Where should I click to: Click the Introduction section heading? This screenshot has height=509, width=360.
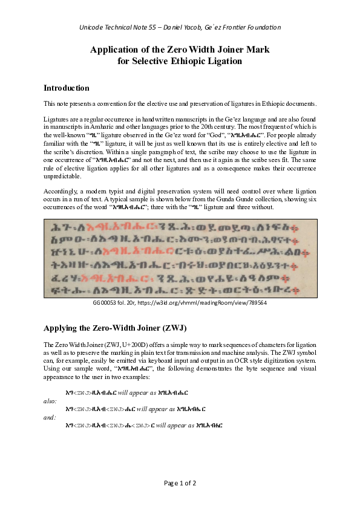pyautogui.click(x=67, y=88)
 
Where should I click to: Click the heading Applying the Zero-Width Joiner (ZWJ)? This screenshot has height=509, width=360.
pyautogui.click(x=115, y=328)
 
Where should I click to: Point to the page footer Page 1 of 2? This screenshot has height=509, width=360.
pyautogui.click(x=180, y=483)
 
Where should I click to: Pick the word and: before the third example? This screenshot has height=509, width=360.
pyautogui.click(x=50, y=417)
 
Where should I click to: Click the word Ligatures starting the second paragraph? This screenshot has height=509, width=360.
pyautogui.click(x=56, y=120)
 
